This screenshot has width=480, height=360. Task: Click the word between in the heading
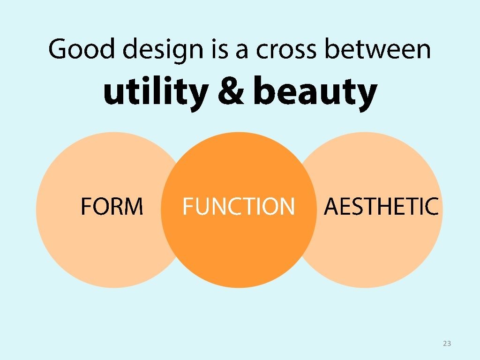pyautogui.click(x=377, y=49)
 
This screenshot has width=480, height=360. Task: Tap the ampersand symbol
pyautogui.click(x=230, y=91)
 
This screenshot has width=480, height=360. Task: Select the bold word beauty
pyautogui.click(x=315, y=92)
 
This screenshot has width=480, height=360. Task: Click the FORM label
pyautogui.click(x=112, y=206)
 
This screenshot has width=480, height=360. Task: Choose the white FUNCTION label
pyautogui.click(x=239, y=206)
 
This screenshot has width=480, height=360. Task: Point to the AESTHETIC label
pyautogui.click(x=381, y=206)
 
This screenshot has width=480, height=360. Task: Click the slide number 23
pyautogui.click(x=447, y=344)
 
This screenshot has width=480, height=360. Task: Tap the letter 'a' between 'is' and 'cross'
pyautogui.click(x=241, y=51)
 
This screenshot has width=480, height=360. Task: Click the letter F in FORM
pyautogui.click(x=86, y=206)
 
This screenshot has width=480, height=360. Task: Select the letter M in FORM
pyautogui.click(x=134, y=206)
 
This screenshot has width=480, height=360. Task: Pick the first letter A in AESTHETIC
pyautogui.click(x=331, y=206)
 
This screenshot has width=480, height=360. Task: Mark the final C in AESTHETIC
pyautogui.click(x=432, y=206)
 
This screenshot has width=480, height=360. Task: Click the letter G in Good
pyautogui.click(x=58, y=49)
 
